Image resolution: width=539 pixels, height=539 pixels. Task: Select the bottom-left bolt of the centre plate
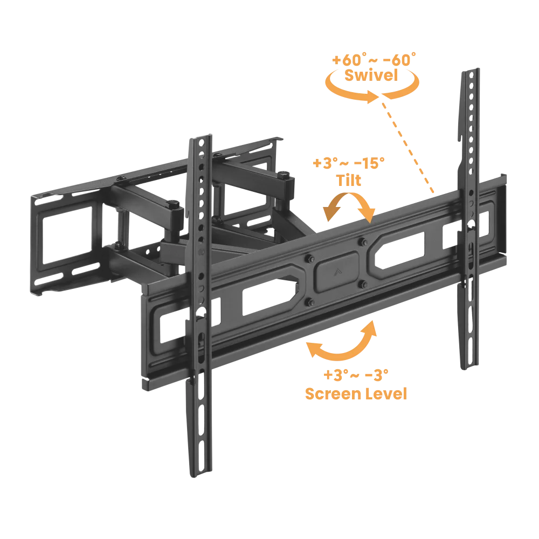pyautogui.click(x=309, y=302)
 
